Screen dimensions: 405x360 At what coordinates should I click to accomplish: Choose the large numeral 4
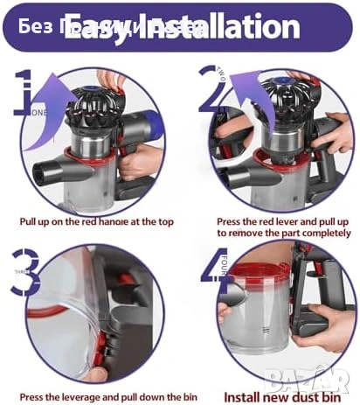214,267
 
